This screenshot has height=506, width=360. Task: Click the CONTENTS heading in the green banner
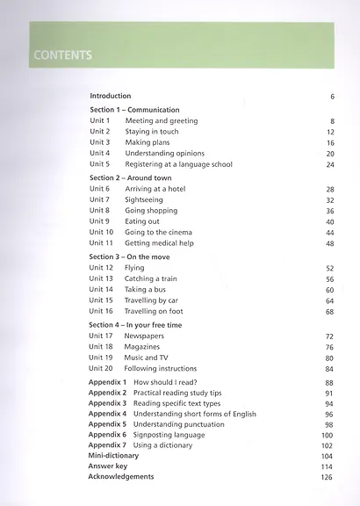61,55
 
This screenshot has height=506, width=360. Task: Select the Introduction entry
111,96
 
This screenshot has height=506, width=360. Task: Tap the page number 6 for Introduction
333,96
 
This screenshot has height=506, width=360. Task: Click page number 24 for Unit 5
330,164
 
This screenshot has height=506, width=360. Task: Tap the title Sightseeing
145,200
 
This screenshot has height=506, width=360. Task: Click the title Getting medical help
160,243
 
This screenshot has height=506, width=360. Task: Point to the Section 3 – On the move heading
130,257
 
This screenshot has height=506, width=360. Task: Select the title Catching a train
151,278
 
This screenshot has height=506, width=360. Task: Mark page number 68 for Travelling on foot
330,312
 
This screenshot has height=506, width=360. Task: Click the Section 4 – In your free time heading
136,325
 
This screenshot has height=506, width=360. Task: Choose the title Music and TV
146,358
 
